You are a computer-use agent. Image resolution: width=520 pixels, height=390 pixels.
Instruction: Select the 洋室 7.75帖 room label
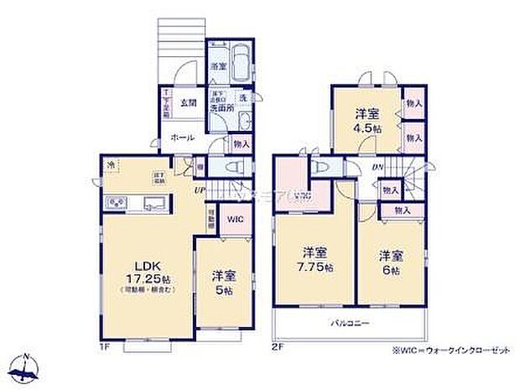(x=316, y=260)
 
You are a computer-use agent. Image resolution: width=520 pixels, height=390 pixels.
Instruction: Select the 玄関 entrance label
(x=187, y=103)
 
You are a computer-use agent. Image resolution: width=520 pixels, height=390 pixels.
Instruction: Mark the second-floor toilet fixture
(x=320, y=166)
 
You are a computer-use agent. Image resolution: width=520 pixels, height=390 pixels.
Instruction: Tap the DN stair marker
(x=378, y=167)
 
